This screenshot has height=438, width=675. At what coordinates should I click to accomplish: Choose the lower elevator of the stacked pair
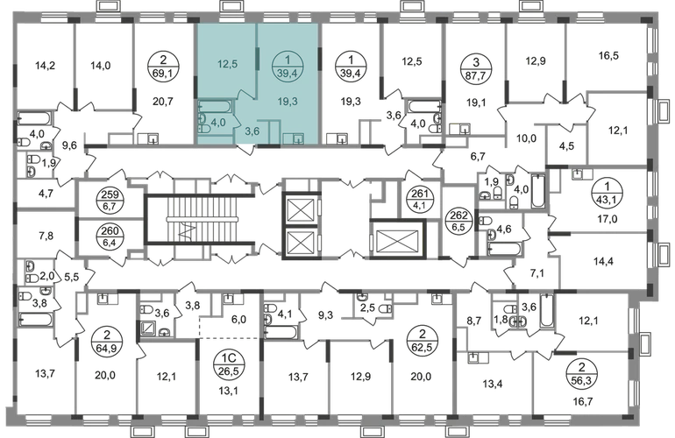click(302, 243)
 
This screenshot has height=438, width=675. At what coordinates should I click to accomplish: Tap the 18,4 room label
click(166, 378)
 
